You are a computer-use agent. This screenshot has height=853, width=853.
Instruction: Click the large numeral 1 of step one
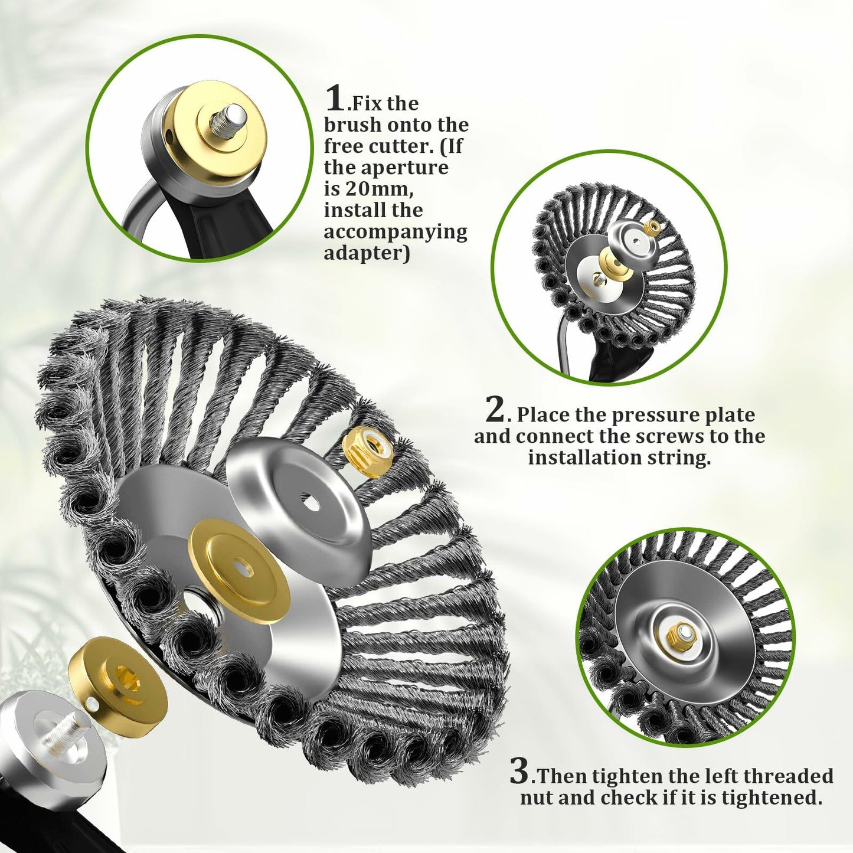point(335,99)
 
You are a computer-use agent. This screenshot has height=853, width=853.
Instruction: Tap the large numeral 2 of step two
point(495,410)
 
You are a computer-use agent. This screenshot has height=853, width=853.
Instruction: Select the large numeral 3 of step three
point(519,771)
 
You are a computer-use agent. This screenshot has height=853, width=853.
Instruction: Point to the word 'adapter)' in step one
point(366,253)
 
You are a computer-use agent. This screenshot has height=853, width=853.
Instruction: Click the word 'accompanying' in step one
point(395,231)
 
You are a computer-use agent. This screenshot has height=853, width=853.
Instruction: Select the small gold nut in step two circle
point(651,226)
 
